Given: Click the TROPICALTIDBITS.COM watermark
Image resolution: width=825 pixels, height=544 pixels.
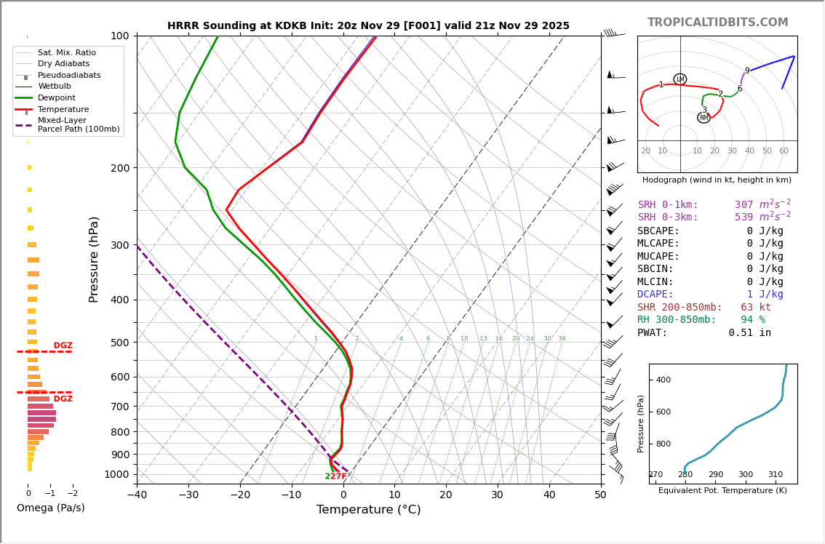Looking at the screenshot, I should (717, 23).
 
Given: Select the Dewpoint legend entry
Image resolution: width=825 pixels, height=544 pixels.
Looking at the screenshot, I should (57, 97).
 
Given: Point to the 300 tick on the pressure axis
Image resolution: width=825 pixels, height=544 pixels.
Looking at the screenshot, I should (119, 245).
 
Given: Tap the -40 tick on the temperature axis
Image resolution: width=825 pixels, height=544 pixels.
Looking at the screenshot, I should (137, 495).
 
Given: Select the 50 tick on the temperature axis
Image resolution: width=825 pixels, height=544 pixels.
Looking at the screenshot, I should (600, 495).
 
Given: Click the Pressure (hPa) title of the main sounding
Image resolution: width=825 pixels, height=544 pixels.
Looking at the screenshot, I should (94, 259).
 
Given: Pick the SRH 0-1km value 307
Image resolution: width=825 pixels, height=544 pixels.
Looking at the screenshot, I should (744, 205).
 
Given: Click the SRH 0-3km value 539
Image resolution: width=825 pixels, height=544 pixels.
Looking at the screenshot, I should (744, 217).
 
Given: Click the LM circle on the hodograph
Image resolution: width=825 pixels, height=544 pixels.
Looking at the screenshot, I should (680, 79).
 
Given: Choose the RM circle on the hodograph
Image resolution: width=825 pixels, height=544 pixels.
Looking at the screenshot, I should (704, 118).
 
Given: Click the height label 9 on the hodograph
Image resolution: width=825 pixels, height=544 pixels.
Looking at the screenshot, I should (747, 71).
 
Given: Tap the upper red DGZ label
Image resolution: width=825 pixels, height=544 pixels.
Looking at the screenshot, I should (63, 345).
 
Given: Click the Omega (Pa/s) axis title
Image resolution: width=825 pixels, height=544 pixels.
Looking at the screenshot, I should (51, 508).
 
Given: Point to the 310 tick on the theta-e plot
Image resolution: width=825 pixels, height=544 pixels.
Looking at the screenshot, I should (776, 475).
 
